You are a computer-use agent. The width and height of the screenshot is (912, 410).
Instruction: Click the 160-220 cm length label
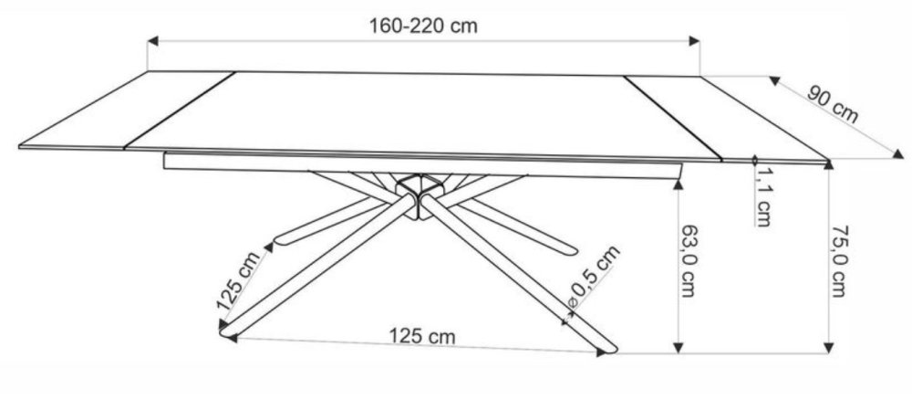click(423, 26)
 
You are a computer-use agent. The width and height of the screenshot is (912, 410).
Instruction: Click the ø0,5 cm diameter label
click(593, 278)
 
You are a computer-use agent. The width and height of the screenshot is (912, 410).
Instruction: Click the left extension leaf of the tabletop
click(128, 110)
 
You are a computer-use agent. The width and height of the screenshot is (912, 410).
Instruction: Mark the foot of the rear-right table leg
click(570, 247)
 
